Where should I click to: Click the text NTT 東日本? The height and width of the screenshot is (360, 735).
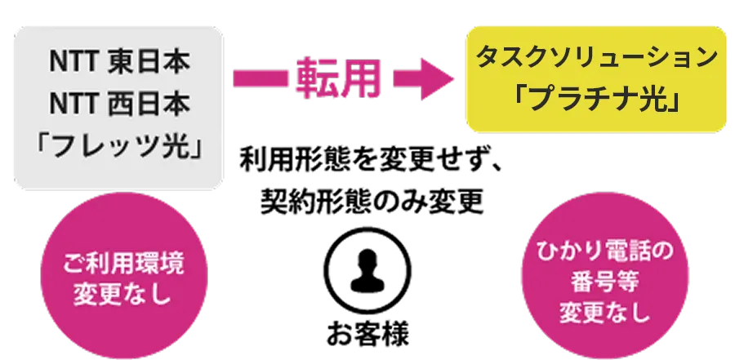pos(118,62)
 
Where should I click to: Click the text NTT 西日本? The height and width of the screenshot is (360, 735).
pos(118,104)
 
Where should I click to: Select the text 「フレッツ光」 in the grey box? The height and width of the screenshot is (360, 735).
pos(118,149)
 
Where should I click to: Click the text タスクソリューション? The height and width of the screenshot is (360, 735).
pos(596,58)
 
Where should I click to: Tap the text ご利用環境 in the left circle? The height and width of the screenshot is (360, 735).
pos(123,265)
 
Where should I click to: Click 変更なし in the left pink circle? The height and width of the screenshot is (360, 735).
pos(123,294)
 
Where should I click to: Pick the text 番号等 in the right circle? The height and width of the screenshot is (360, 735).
pos(605,282)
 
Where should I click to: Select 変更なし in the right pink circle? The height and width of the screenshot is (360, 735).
pos(605,312)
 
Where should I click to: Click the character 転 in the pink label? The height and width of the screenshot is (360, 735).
pos(318,79)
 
